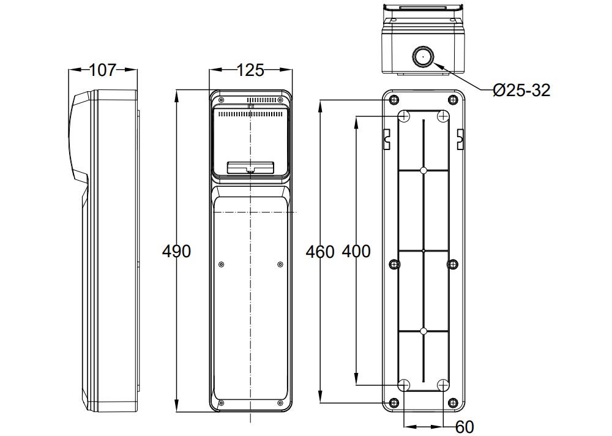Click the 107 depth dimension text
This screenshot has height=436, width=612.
click(102, 70)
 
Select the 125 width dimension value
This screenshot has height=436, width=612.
click(250, 70)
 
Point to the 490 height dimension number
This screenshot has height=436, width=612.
click(177, 251)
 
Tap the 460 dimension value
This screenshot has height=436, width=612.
click(320, 252)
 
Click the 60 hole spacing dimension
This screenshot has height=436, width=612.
click(465, 426)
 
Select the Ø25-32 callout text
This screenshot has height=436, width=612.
click(521, 91)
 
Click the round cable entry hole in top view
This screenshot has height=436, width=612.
click(422, 58)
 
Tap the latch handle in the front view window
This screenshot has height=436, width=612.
click(250, 167)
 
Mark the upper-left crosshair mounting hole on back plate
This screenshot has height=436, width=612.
click(405, 116)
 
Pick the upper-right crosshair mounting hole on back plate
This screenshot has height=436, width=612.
click(444, 116)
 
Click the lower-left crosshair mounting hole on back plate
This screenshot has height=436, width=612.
click(405, 385)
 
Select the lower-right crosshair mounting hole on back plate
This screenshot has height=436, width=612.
click(444, 385)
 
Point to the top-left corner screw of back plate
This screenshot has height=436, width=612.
click(394, 100)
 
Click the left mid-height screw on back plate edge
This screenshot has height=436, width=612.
click(395, 265)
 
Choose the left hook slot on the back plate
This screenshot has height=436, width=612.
click(387, 138)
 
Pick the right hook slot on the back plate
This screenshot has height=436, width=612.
click(460, 138)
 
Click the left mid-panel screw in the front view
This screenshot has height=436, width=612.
click(222, 265)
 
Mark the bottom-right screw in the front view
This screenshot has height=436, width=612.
click(280, 403)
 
